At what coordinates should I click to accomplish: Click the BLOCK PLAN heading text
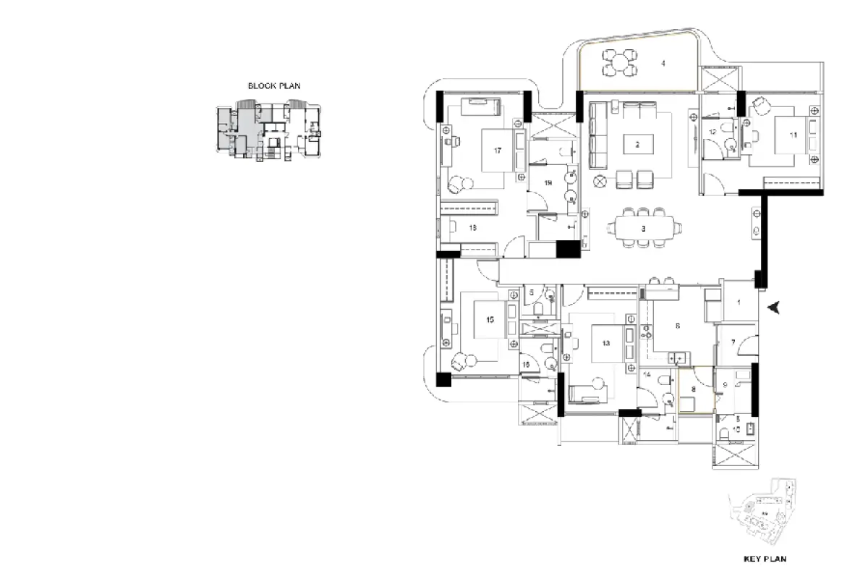[274, 85]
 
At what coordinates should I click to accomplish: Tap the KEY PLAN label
[765, 559]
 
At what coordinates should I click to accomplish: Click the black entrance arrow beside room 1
[775, 308]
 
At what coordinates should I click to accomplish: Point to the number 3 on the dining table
[643, 228]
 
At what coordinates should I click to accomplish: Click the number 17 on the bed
[498, 151]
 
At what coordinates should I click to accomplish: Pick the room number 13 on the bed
[605, 343]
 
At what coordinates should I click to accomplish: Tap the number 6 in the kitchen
[678, 326]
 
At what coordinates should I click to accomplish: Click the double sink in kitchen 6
[679, 356]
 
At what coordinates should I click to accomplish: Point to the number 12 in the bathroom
[712, 132]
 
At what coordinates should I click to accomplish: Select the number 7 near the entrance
[733, 342]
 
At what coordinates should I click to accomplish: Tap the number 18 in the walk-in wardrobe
[472, 227]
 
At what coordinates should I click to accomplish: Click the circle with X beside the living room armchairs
[599, 181]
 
